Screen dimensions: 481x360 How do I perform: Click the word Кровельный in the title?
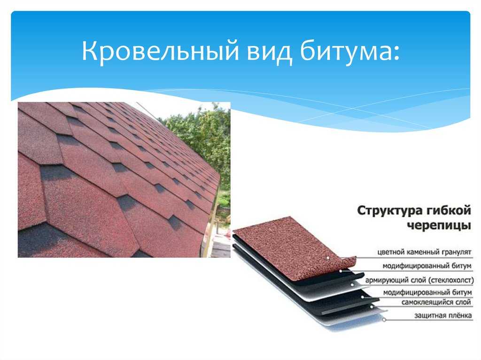[x=160, y=51]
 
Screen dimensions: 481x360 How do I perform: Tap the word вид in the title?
[x=269, y=51]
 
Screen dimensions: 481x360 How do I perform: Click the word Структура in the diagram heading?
[x=389, y=211]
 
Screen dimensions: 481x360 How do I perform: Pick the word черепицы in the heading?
[x=439, y=226]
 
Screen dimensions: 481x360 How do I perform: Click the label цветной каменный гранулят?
[x=424, y=253]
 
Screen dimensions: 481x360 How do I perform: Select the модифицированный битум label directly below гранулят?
[x=427, y=266]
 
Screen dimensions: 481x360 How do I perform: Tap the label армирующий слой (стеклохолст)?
[x=419, y=280]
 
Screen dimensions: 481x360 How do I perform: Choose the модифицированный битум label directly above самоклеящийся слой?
[x=427, y=292]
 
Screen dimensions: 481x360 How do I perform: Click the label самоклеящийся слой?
[x=436, y=302]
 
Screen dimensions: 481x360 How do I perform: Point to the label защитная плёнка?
[x=443, y=315]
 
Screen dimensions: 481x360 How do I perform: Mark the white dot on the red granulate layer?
[x=328, y=258]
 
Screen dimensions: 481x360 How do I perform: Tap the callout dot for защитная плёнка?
[x=384, y=320]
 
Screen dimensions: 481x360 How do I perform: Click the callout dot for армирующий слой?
[x=352, y=284]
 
